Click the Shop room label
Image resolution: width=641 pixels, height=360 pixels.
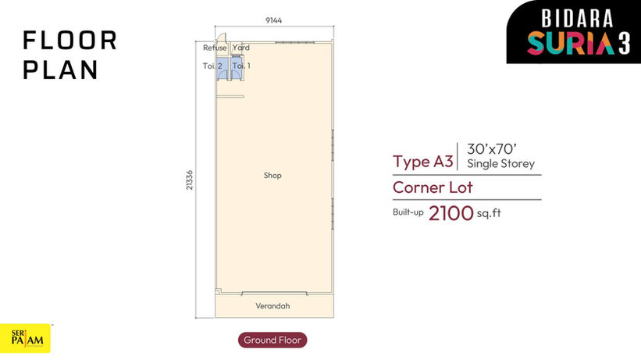(x=272, y=176)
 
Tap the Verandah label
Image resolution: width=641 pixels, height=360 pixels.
(x=272, y=305)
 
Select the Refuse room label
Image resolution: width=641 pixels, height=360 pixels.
(x=215, y=48)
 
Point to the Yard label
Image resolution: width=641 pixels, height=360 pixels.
(x=240, y=48)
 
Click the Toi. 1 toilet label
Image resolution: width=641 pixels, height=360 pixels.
(x=241, y=66)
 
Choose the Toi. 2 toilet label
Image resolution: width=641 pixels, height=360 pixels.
(x=212, y=66)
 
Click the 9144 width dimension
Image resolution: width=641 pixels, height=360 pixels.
(x=273, y=20)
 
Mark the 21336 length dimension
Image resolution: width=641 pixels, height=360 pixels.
(x=189, y=180)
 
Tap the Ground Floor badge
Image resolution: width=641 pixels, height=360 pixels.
(x=272, y=340)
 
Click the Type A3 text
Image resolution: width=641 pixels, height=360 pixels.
(x=423, y=162)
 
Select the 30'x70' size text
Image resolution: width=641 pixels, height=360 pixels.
(x=492, y=149)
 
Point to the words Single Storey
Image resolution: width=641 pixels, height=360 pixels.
(x=500, y=164)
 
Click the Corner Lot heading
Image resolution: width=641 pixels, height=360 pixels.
(x=433, y=187)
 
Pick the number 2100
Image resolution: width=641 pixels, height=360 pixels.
(x=451, y=213)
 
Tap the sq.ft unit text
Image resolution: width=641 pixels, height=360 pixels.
(x=489, y=213)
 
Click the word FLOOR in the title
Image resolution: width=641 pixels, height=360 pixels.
(x=70, y=41)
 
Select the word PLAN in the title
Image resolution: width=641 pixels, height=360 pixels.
(x=60, y=70)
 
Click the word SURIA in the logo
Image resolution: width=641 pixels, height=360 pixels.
(x=571, y=43)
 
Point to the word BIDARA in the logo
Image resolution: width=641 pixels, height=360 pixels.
(x=577, y=19)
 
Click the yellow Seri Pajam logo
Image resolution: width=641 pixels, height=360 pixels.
(x=25, y=338)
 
